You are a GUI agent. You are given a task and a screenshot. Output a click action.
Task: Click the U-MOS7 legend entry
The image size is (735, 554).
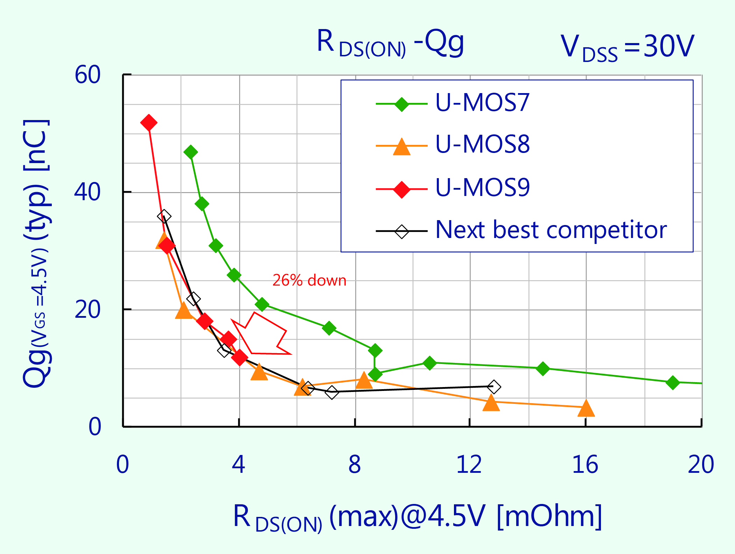[x=482, y=103]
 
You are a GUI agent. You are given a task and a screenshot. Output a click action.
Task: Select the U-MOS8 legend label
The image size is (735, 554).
[x=482, y=144]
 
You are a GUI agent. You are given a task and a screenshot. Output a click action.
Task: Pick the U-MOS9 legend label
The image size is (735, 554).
[x=482, y=188]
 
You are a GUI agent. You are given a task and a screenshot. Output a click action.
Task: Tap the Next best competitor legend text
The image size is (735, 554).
[x=551, y=230]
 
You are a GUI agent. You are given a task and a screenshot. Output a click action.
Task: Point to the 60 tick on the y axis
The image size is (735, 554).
[x=87, y=75]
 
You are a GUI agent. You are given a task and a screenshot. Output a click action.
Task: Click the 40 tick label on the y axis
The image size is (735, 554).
[x=87, y=192]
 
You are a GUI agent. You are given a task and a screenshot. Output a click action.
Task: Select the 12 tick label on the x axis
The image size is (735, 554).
[x=469, y=465]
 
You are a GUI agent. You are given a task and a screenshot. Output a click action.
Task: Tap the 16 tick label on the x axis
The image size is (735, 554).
[x=585, y=465]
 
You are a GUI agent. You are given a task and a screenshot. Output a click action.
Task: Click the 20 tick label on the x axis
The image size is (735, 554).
[x=701, y=465]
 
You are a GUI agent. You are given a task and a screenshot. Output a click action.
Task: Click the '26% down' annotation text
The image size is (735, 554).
[x=309, y=281]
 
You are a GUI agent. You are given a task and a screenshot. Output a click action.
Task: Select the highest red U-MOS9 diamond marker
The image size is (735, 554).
[x=149, y=122]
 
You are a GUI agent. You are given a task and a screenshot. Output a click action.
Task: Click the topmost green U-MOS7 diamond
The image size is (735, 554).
[x=191, y=152]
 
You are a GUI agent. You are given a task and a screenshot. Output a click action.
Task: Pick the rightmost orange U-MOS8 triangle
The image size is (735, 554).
[x=586, y=409]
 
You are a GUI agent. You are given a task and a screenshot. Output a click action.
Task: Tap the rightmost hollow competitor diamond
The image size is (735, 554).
[x=493, y=387]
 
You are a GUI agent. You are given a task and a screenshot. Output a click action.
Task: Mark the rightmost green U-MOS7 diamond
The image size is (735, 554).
[x=672, y=383]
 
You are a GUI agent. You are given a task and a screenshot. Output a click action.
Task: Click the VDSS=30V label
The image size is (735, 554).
[x=627, y=47]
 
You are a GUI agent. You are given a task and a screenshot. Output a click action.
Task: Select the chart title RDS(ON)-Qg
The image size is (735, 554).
[x=390, y=44]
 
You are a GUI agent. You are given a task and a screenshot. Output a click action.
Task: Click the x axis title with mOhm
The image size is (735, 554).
[x=417, y=517]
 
